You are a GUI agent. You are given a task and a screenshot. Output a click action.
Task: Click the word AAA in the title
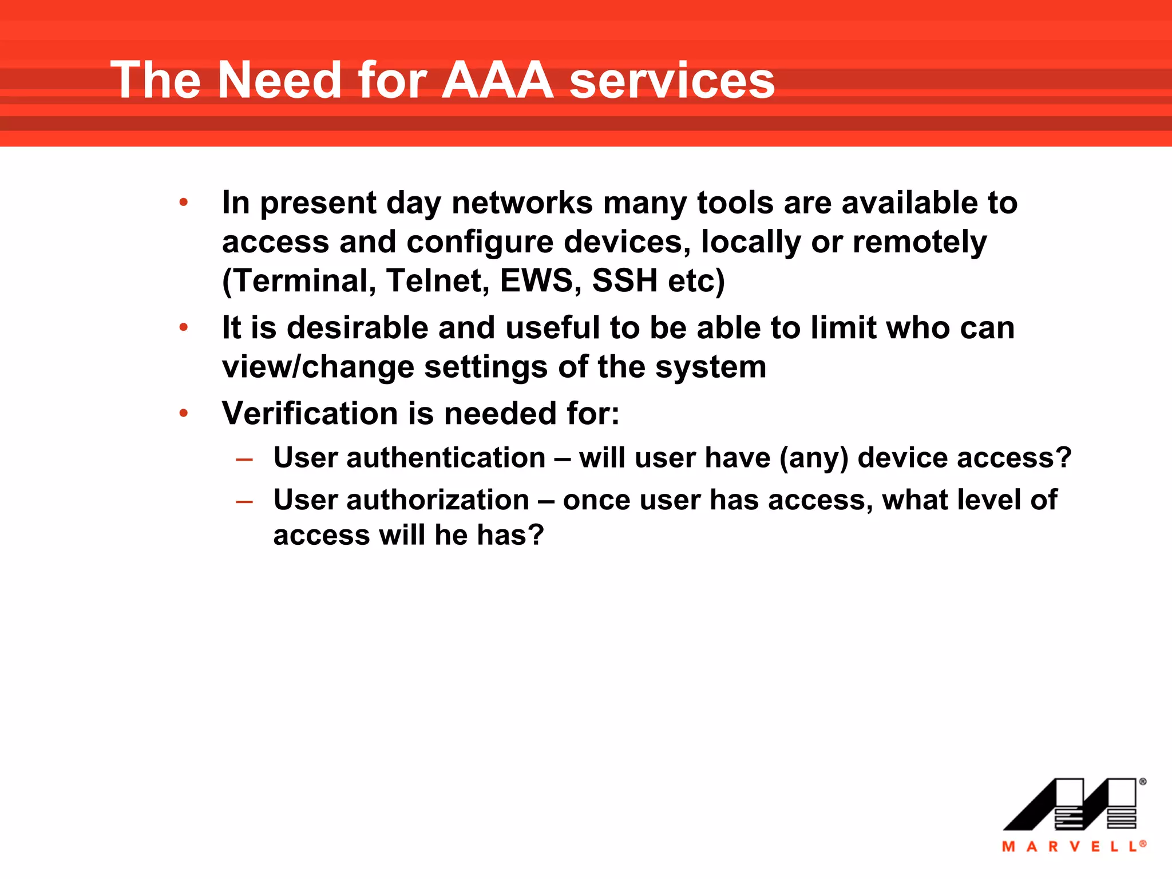pyautogui.click(x=497, y=80)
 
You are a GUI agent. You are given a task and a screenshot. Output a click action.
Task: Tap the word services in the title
pyautogui.click(x=672, y=81)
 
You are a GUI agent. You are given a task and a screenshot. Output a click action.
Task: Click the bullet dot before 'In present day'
pyautogui.click(x=183, y=202)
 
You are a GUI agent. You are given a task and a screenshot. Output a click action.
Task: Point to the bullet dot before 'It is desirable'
pyautogui.click(x=183, y=327)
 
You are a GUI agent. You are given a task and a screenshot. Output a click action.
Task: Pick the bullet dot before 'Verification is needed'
pyautogui.click(x=183, y=413)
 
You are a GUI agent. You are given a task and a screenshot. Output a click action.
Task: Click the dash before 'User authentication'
pyautogui.click(x=244, y=459)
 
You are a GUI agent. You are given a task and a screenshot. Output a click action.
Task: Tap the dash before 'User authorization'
pyautogui.click(x=244, y=501)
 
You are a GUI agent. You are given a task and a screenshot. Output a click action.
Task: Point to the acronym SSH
pyautogui.click(x=624, y=280)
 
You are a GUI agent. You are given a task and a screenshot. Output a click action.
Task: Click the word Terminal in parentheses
pyautogui.click(x=299, y=280)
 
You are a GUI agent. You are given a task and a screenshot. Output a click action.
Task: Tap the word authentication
pyautogui.click(x=446, y=458)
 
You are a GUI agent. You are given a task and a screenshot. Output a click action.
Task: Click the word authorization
pyautogui.click(x=437, y=500)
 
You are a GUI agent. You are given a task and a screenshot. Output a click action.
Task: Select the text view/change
pyautogui.click(x=318, y=367)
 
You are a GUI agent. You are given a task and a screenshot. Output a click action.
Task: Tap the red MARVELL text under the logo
pyautogui.click(x=1072, y=846)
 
